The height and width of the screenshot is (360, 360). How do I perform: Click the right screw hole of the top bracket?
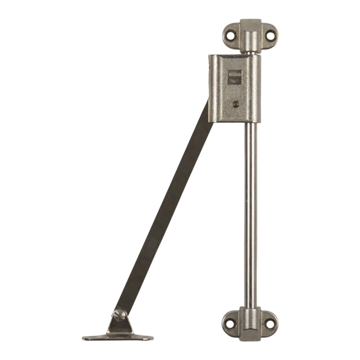270,36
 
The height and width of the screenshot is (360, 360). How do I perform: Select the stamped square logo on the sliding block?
235,77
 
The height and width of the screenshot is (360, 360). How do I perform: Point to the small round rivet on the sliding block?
236,104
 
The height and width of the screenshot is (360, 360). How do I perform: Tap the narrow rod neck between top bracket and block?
251,53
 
